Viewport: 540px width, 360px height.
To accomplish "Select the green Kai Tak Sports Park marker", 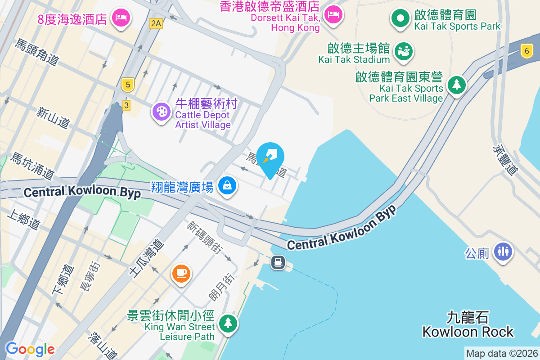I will (x=399, y=19).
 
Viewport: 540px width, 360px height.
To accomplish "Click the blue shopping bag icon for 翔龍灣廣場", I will (x=227, y=185).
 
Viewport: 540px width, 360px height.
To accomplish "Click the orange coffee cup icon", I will (x=181, y=273).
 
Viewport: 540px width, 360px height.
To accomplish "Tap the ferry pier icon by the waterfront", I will (x=278, y=262).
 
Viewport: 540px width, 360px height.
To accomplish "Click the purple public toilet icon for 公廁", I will (x=503, y=251).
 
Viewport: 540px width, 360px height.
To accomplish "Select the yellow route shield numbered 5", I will (x=128, y=84).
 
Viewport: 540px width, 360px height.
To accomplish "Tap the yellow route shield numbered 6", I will (x=526, y=51).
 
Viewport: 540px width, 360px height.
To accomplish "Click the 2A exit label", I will (x=156, y=23).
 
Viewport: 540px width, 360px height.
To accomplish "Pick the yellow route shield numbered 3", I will (x=126, y=105).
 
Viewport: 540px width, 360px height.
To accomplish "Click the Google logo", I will (x=30, y=349).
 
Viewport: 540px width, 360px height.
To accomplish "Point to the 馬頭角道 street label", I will (x=37, y=53).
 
